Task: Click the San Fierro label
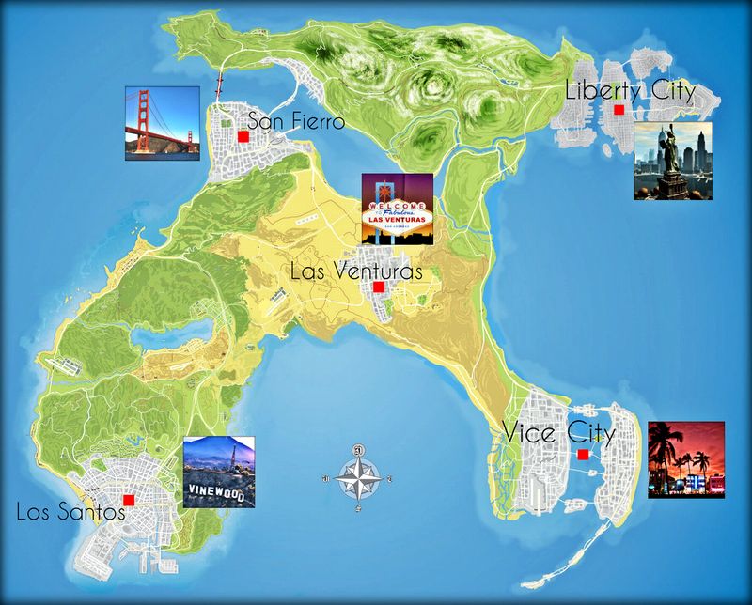(295, 121)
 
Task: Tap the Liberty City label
(630, 91)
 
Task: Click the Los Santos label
(70, 512)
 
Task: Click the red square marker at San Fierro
(243, 136)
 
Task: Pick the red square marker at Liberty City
(619, 111)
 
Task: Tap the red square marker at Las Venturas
(378, 287)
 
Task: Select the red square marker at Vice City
(584, 455)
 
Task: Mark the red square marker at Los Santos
(129, 500)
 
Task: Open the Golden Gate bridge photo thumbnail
(163, 123)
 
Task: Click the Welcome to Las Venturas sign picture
(398, 209)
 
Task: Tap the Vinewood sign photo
(218, 472)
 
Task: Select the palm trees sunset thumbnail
(686, 459)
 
